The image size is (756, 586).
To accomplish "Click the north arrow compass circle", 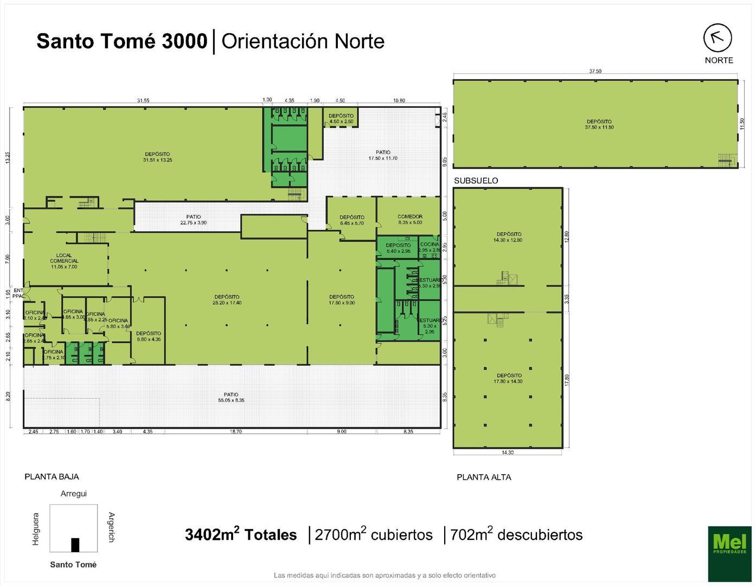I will click(718, 37).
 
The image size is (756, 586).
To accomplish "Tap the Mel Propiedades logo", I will click(729, 553).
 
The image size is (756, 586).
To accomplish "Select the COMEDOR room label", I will click(409, 219).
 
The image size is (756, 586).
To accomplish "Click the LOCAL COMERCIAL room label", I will click(64, 261).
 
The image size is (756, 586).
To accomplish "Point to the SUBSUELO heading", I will click(476, 181).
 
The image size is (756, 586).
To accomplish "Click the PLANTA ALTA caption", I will click(484, 477).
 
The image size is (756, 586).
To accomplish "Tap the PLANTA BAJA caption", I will click(52, 477).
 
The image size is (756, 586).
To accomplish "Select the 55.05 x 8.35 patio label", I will click(231, 398).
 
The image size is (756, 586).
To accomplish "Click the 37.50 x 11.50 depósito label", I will click(599, 124).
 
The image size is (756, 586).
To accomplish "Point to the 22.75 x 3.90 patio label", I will click(193, 220).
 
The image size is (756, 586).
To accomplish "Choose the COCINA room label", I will click(429, 247).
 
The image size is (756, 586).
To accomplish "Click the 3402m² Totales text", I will click(241, 535).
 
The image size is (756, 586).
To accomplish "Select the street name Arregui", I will click(73, 494).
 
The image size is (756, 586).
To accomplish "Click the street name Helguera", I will click(36, 528).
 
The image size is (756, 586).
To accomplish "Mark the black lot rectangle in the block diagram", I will click(75, 544).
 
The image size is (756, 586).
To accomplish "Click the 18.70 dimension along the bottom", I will click(235, 432).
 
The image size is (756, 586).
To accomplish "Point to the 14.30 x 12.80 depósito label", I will click(508, 237).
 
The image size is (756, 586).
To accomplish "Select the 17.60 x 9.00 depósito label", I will click(341, 300).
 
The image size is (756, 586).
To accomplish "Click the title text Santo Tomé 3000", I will click(121, 41).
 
